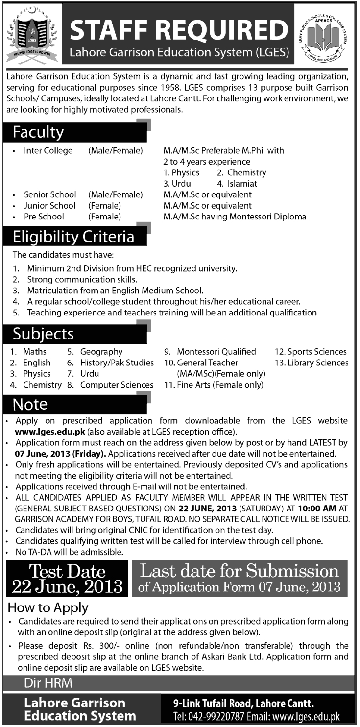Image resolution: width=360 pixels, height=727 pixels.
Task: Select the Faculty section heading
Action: pyautogui.click(x=38, y=132)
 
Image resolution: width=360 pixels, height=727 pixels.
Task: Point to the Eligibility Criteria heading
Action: pyautogui.click(x=73, y=237)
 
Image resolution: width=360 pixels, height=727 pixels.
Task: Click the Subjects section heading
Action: pyautogui.click(x=43, y=334)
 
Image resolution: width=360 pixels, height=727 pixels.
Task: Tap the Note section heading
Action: pyautogui.click(x=30, y=404)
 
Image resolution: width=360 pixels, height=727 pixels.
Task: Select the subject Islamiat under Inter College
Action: pyautogui.click(x=242, y=184)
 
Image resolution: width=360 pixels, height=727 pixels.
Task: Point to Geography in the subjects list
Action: pyautogui.click(x=101, y=352)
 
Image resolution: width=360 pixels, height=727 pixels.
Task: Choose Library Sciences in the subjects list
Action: pyautogui.click(x=318, y=363)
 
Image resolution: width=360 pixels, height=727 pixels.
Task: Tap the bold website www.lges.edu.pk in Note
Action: pyautogui.click(x=51, y=432)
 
